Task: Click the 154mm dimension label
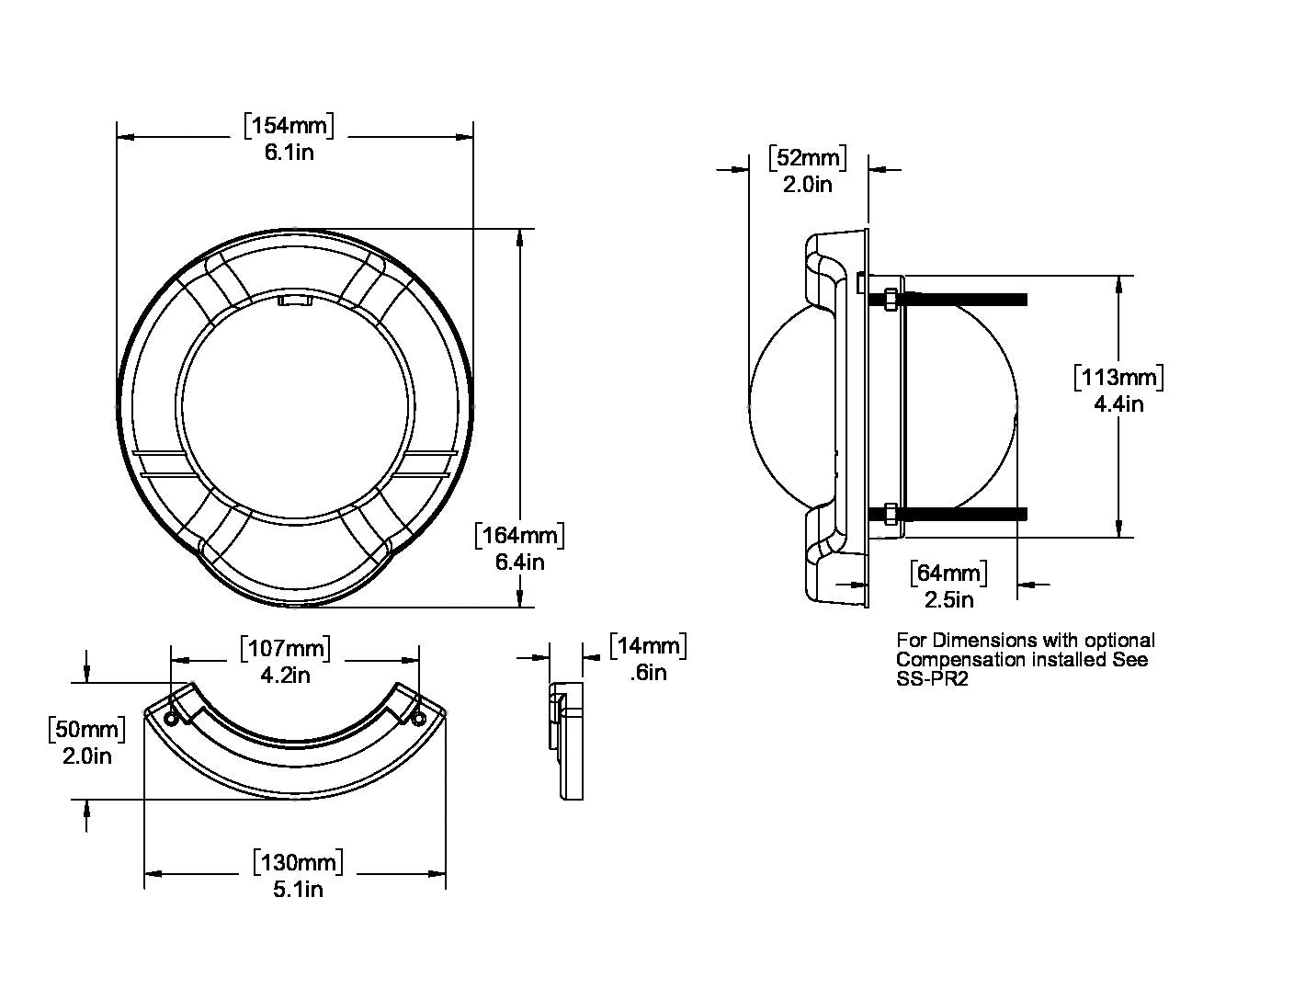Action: click(289, 126)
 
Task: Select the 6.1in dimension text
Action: click(289, 153)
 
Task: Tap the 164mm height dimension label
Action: click(520, 535)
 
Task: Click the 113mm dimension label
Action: click(1118, 377)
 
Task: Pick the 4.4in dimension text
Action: click(1118, 403)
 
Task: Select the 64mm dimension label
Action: click(948, 574)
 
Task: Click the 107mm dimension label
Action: click(285, 648)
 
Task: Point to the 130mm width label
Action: click(299, 862)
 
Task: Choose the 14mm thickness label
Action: click(648, 645)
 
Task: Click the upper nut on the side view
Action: click(890, 300)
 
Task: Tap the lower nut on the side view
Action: click(890, 513)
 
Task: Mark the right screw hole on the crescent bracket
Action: click(418, 718)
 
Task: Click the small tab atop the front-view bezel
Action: click(295, 301)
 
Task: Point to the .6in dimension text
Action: click(648, 673)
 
